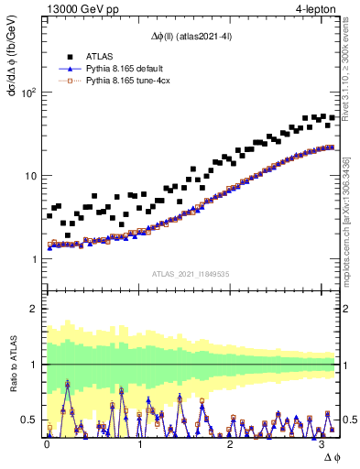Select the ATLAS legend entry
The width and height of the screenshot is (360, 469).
click(101, 56)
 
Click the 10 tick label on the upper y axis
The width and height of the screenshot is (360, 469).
click(29, 176)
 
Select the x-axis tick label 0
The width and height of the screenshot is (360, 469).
click(47, 444)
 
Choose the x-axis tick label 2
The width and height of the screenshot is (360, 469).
click(231, 444)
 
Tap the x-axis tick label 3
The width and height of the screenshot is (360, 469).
click(323, 444)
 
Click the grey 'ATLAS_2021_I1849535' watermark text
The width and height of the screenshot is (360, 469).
click(191, 274)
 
